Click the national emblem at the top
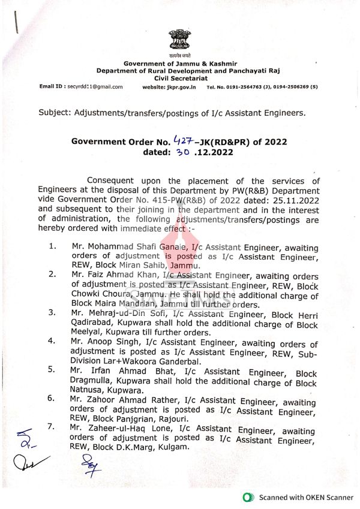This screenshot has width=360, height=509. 180,39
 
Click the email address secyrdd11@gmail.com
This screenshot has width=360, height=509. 94,86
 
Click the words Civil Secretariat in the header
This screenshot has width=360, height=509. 180,78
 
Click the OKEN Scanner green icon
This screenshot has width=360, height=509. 248,498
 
